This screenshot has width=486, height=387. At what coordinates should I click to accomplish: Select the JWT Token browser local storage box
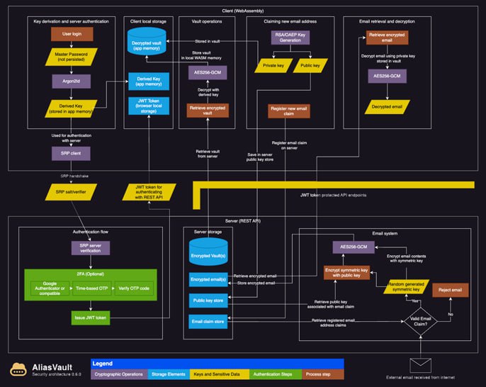point(147,106)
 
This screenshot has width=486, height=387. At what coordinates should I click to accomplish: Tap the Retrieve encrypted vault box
point(206,111)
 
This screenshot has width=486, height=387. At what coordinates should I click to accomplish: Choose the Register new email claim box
point(288,111)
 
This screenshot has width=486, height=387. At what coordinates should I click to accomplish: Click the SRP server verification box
point(90,248)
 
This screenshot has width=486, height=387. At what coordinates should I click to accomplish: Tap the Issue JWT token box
point(90,318)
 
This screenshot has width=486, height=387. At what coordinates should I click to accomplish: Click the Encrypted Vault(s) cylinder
point(208,252)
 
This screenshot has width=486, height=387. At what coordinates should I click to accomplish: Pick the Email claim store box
point(208,322)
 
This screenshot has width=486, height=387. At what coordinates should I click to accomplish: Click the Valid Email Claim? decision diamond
point(419,321)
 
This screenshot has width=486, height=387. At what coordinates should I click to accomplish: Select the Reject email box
point(451,291)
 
